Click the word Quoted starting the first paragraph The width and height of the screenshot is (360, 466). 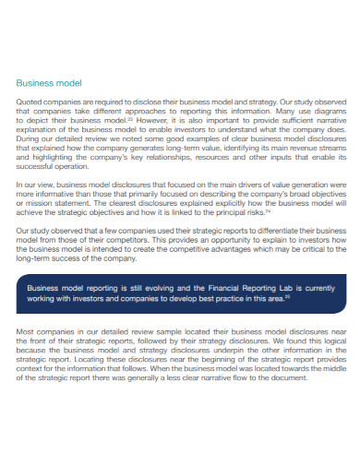tap(30, 102)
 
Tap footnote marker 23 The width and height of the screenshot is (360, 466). tap(129, 117)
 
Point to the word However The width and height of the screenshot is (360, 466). tap(150, 119)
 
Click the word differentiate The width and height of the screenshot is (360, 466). tap(270, 230)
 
